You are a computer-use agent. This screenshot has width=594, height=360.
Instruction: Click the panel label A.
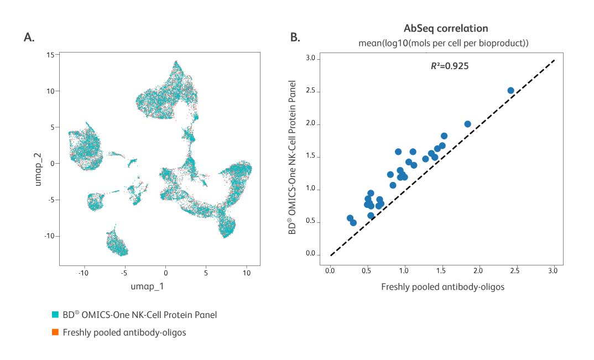pos(29,37)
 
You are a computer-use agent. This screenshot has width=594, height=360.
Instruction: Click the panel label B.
pos(295,37)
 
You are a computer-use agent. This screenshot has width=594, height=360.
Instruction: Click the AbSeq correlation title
pos(445,28)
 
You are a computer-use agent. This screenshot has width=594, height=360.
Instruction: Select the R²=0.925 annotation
pos(450,66)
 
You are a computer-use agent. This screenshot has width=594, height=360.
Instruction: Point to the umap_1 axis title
pos(147,286)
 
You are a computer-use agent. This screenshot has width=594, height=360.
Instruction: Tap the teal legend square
pos(56,315)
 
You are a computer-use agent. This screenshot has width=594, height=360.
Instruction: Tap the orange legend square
pos(56,332)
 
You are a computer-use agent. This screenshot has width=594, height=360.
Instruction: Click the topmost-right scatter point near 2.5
pos(510,90)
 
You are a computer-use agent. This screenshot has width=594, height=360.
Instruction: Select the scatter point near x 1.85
pos(467,124)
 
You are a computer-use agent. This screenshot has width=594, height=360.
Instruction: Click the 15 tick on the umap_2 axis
pos(49,55)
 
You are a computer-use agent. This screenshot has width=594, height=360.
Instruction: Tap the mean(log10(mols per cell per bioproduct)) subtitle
pos(445,42)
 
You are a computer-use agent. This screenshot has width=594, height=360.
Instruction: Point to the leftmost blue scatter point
pos(350,218)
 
